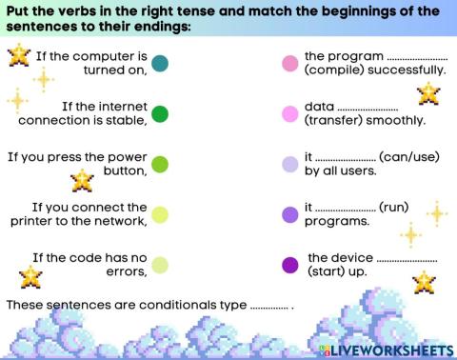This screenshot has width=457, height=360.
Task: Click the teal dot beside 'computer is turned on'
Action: [x=160, y=64]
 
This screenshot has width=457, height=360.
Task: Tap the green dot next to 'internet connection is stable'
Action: [x=160, y=114]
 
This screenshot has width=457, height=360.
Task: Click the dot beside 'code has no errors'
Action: [x=160, y=265]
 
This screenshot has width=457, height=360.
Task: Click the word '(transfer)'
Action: [x=331, y=121]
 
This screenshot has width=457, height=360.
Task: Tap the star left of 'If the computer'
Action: [x=17, y=56]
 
